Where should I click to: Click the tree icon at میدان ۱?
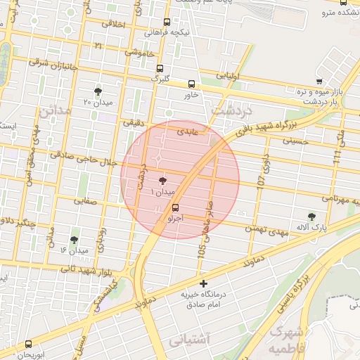click(x=164, y=181)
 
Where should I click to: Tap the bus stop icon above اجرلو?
click(x=175, y=207)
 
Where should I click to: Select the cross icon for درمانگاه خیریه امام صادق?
click(x=204, y=284)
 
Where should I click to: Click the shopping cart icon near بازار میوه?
click(x=319, y=82)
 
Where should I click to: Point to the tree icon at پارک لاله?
click(x=311, y=217)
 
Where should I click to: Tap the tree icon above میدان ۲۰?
click(x=97, y=91)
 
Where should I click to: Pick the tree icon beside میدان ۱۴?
click(x=74, y=240)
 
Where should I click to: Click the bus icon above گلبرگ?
click(x=160, y=69)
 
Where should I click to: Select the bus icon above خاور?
click(x=192, y=83)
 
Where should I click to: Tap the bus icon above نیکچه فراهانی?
click(x=167, y=22)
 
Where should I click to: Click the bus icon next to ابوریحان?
click(x=28, y=344)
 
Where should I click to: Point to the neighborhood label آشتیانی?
click(x=190, y=340)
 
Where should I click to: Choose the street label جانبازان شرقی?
click(x=55, y=64)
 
